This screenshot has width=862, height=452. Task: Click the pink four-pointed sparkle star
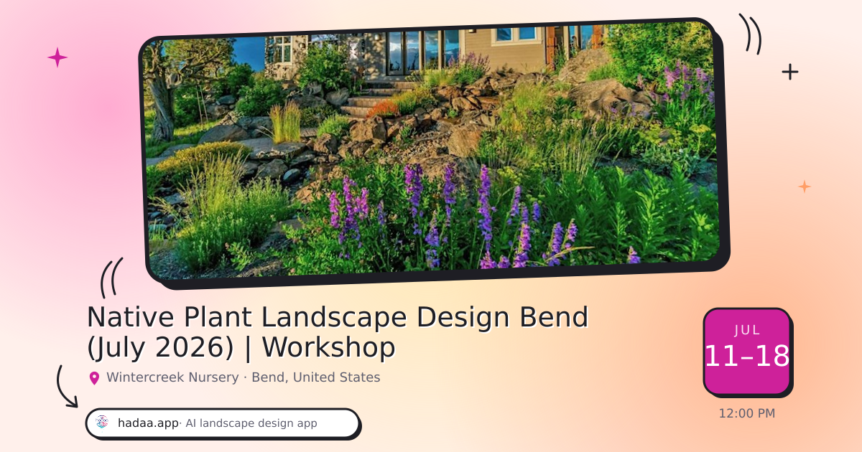coord(57,57)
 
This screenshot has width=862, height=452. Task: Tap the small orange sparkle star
coord(805,187)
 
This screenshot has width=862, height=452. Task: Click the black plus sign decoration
coord(790,72)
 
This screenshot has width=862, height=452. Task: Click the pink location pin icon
coord(94,378)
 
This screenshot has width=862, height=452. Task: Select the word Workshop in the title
coord(329,347)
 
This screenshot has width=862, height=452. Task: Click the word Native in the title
coord(131,317)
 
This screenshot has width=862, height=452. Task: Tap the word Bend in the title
coord(554,317)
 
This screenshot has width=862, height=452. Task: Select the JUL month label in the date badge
coord(747,331)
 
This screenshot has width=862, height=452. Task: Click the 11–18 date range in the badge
coord(747,356)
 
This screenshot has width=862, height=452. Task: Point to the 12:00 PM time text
coord(747,413)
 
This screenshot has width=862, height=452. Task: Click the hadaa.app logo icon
coord(102,422)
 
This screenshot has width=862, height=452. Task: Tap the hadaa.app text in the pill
coord(148,423)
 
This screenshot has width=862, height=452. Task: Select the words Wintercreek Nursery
coord(172,377)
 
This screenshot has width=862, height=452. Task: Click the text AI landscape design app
coord(251,423)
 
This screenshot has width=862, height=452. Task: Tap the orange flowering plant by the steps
coord(383,109)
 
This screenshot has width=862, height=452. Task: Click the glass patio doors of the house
coord(423,52)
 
